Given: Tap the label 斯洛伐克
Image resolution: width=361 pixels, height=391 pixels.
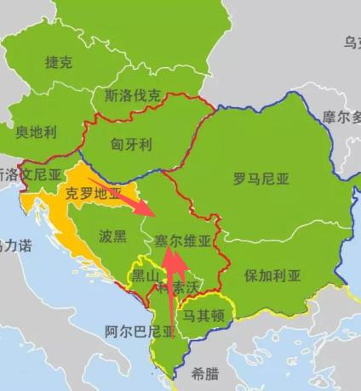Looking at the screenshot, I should pyautogui.click(x=131, y=95).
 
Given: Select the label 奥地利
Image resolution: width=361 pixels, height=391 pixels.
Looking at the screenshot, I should pyautogui.click(x=37, y=133).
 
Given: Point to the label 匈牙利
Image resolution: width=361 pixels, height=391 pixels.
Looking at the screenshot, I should pyautogui.click(x=131, y=144).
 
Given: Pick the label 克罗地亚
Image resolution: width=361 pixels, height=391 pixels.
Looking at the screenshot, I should pyautogui.click(x=94, y=194).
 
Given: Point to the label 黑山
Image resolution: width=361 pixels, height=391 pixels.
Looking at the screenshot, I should pyautogui.click(x=144, y=276).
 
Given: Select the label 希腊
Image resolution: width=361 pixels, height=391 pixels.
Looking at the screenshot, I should pyautogui.click(x=204, y=372).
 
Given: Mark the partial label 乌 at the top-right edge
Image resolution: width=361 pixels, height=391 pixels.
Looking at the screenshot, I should pyautogui.click(x=351, y=42).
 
